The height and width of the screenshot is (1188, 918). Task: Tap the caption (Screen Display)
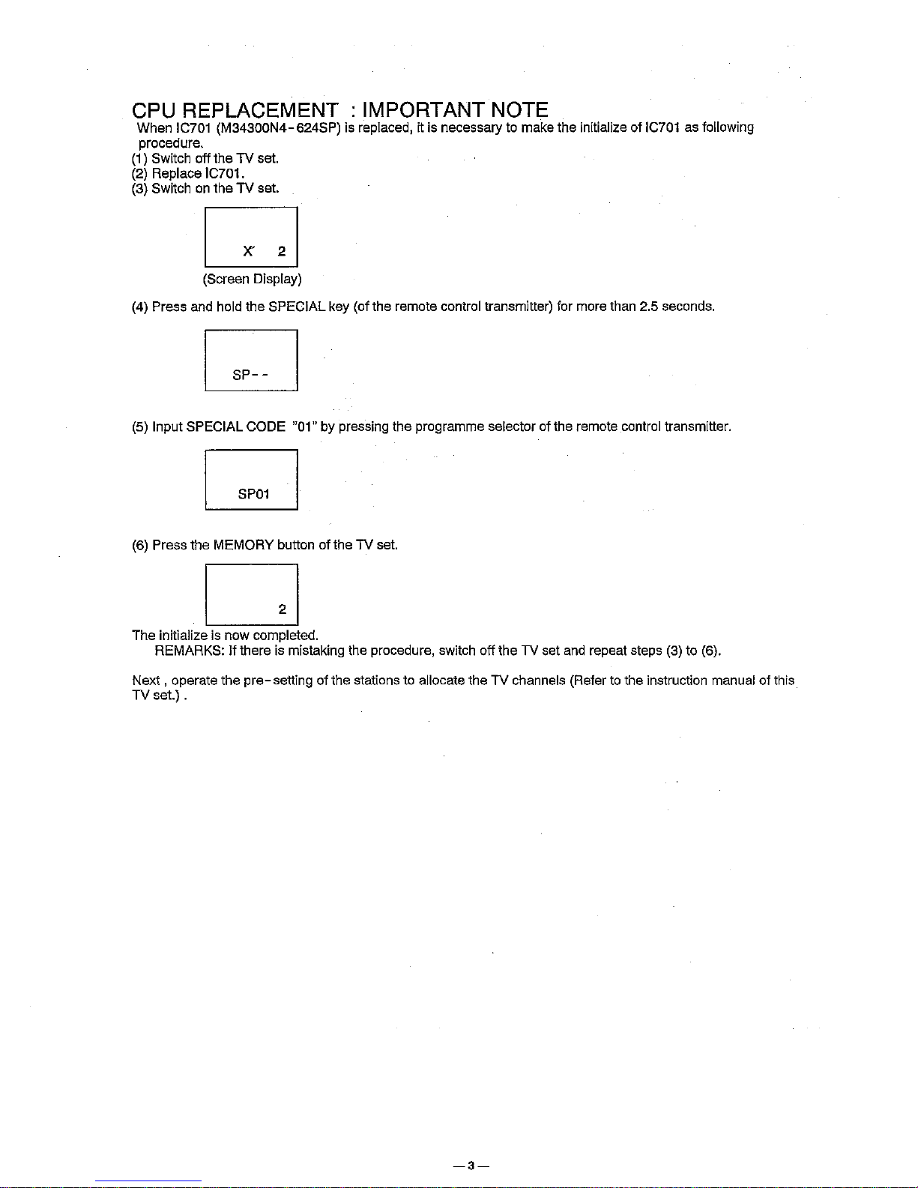click(252, 280)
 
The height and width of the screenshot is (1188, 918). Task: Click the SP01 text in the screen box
click(253, 494)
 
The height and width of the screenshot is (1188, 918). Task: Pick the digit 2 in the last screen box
click(282, 609)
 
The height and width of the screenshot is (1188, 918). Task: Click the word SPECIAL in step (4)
click(296, 307)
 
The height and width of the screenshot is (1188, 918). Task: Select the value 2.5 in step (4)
click(648, 307)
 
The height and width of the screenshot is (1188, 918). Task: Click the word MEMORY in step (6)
click(244, 545)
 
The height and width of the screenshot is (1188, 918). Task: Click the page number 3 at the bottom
click(471, 1166)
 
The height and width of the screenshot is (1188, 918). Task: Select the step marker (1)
click(140, 159)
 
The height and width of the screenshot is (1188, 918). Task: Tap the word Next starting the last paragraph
click(146, 681)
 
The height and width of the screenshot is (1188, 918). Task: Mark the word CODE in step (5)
click(265, 427)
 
